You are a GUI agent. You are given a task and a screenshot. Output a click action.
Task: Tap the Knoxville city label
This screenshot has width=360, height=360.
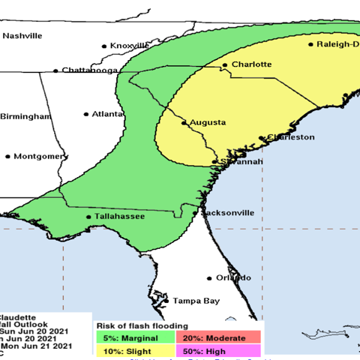pos(130,46)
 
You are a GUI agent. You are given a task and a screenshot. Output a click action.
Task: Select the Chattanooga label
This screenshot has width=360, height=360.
pos(89,71)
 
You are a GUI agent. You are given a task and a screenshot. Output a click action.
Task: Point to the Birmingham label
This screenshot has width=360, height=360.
pos(25,117)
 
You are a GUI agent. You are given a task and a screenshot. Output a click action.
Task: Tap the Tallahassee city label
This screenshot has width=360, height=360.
pos(118,217)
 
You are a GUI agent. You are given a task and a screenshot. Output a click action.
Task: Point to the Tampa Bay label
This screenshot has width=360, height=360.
pos(196,301)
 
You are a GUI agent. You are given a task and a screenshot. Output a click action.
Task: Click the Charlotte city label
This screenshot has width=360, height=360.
pos(251,64)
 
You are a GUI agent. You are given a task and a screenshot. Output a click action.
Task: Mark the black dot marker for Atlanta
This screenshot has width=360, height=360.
pos(86,115)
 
